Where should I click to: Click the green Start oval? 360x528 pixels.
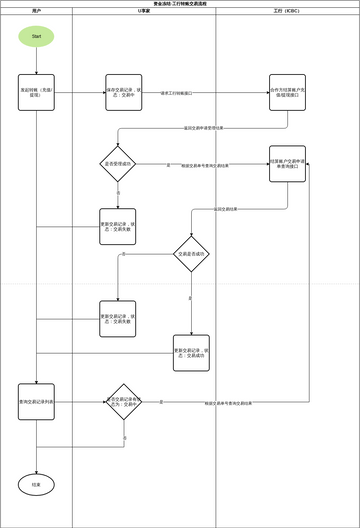pos(36,36)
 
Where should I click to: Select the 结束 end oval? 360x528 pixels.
pos(36,484)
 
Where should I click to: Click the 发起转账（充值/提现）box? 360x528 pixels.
pos(36,92)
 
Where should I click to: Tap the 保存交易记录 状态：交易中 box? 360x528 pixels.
pos(124,92)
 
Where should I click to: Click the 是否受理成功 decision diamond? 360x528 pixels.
pos(118,163)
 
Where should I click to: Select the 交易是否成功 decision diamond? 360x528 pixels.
pos(191,254)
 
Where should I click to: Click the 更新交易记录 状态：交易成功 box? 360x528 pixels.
pos(191,352)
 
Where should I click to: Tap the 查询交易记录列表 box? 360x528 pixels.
pos(36,401)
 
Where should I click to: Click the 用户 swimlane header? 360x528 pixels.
pos(36,11)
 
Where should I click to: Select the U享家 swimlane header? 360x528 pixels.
pos(144,11)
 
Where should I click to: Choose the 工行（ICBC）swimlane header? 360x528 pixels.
pos(287,11)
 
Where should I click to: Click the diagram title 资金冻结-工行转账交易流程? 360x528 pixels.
pos(180,3)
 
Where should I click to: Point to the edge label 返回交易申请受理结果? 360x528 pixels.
pos(210,128)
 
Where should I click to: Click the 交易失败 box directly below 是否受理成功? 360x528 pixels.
pos(118,226)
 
